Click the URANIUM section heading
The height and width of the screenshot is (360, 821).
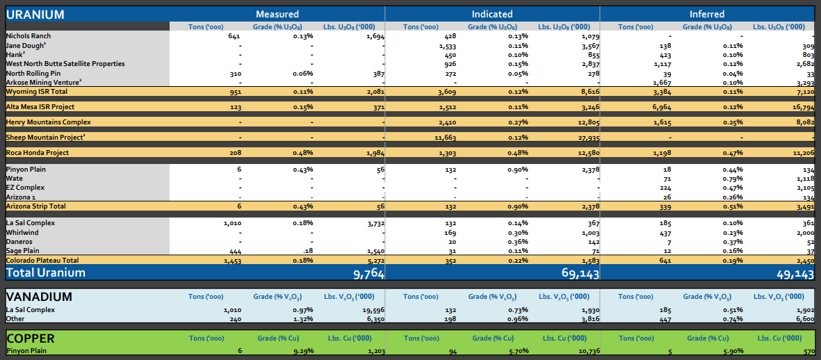point(35,15)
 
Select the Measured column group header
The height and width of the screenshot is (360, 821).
point(277,14)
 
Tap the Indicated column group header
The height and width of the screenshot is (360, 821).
point(492,14)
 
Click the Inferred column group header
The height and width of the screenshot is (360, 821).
point(706,14)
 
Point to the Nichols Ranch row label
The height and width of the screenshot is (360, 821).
point(29,36)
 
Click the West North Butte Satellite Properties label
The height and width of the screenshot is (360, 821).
point(65,64)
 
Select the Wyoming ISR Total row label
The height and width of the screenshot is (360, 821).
point(36,92)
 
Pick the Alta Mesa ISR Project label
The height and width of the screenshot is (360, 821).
point(40,107)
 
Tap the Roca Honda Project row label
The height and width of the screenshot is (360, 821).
point(38,153)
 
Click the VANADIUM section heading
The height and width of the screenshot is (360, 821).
point(39,297)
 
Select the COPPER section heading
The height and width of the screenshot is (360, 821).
point(31,338)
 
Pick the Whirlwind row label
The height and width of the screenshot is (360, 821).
point(22,233)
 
